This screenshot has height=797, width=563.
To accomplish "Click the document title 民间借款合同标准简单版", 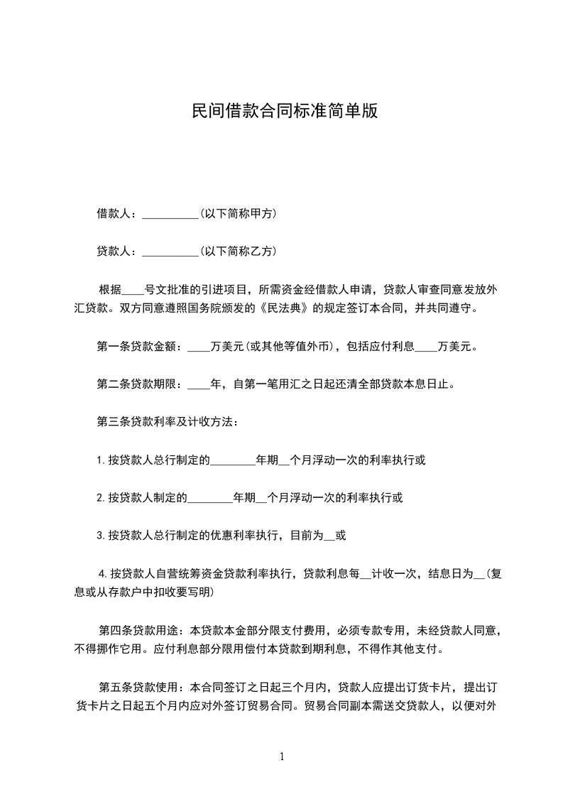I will (x=284, y=111).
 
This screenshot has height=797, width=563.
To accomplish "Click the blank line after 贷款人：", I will (x=171, y=251).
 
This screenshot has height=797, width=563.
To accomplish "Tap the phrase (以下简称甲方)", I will (x=239, y=213).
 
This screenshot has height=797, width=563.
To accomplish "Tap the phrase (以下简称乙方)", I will (x=239, y=251).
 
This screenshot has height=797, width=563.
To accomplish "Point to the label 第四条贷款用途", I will (x=139, y=630).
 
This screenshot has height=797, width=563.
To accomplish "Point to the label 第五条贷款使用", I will (x=139, y=687).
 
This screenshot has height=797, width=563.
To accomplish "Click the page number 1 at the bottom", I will (x=282, y=757).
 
